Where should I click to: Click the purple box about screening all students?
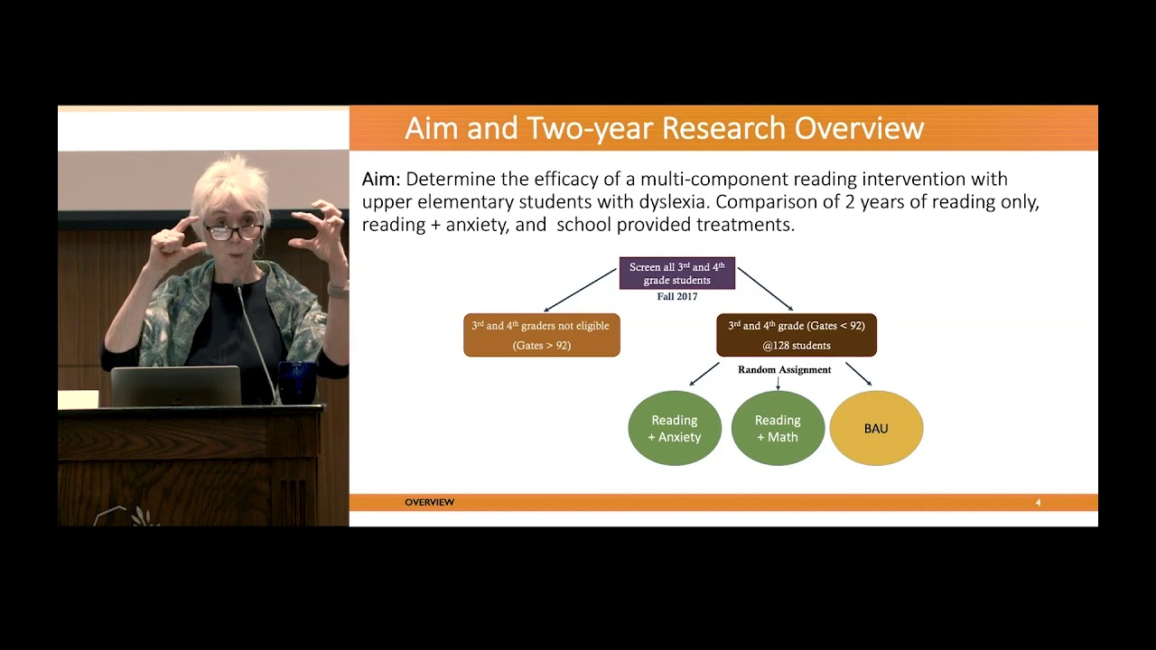click(x=676, y=274)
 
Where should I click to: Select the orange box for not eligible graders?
click(x=541, y=335)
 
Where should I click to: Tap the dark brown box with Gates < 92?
click(x=796, y=335)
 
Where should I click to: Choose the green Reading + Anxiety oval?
click(x=675, y=428)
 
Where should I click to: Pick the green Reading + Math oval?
click(x=778, y=428)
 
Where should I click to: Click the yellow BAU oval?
click(x=876, y=428)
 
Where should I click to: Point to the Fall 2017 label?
click(x=676, y=297)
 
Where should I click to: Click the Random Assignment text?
click(x=784, y=370)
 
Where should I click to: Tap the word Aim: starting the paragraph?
click(x=381, y=179)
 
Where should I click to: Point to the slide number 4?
click(x=1038, y=503)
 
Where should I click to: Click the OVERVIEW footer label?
click(x=429, y=502)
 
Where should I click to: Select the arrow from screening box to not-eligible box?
click(x=579, y=290)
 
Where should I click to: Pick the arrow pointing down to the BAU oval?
click(x=858, y=374)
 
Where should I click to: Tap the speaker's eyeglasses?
click(x=232, y=232)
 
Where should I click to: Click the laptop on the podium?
click(x=175, y=386)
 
